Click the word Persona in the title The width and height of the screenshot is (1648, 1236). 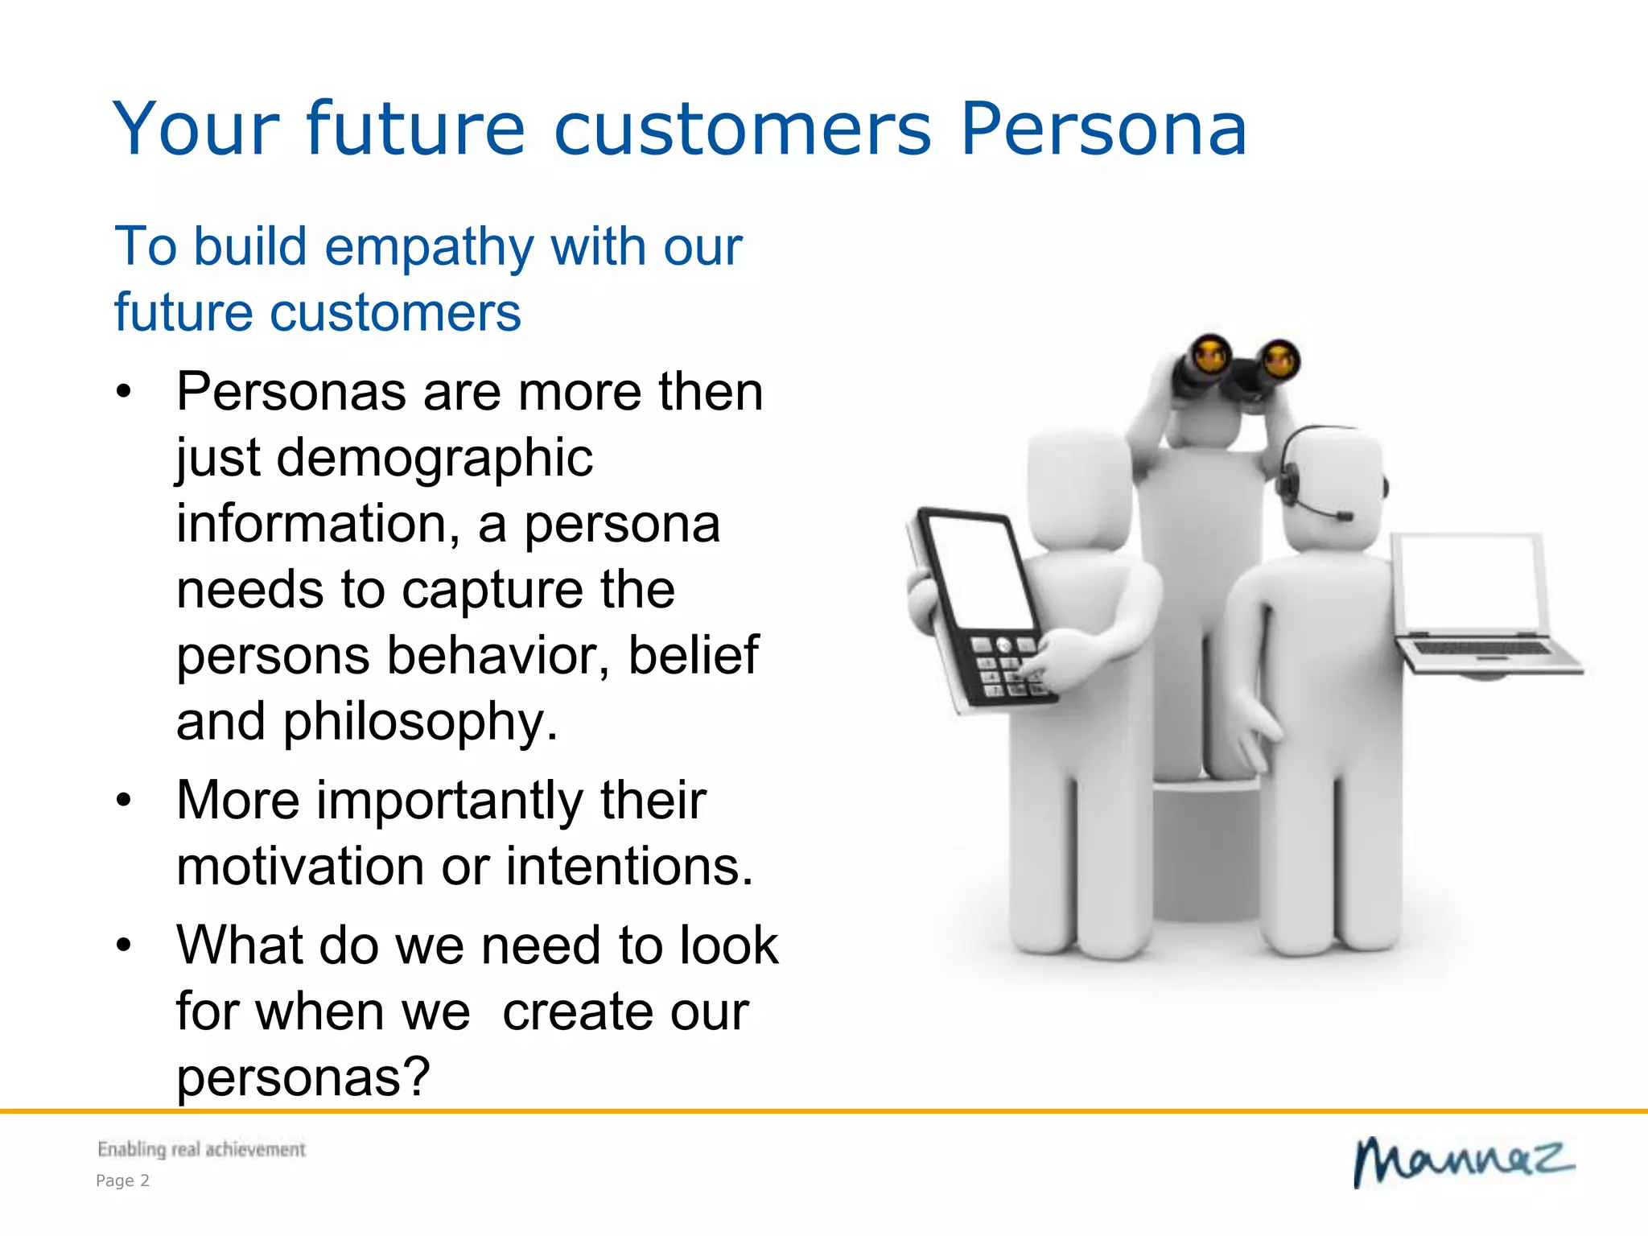click(x=1103, y=129)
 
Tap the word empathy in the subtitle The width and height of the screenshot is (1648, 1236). click(x=429, y=248)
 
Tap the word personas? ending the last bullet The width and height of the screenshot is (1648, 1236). click(x=303, y=1077)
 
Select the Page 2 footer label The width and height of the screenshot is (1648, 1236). click(x=122, y=1180)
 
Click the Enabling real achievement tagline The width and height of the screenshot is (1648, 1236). click(x=201, y=1149)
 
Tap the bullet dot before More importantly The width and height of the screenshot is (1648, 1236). click(x=123, y=801)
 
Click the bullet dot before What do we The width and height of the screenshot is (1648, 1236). click(x=123, y=945)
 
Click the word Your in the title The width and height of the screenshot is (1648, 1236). click(x=196, y=129)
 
